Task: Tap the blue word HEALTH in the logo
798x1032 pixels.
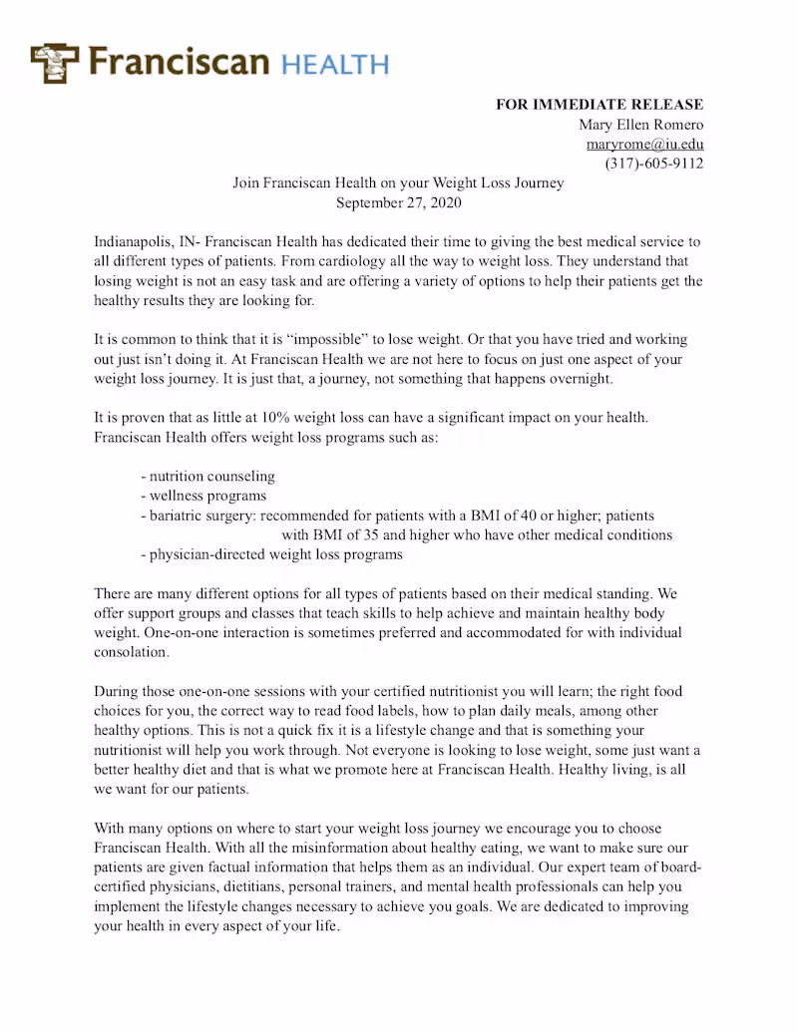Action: pyautogui.click(x=334, y=65)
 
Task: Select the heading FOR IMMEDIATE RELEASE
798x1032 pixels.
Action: pyautogui.click(x=599, y=105)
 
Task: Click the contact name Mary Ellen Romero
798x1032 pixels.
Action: pyautogui.click(x=640, y=125)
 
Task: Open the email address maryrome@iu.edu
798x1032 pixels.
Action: pyautogui.click(x=644, y=144)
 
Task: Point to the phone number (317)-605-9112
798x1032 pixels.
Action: pyautogui.click(x=654, y=164)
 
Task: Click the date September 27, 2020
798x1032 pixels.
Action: pyautogui.click(x=398, y=202)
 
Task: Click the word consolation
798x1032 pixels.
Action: pyautogui.click(x=132, y=652)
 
